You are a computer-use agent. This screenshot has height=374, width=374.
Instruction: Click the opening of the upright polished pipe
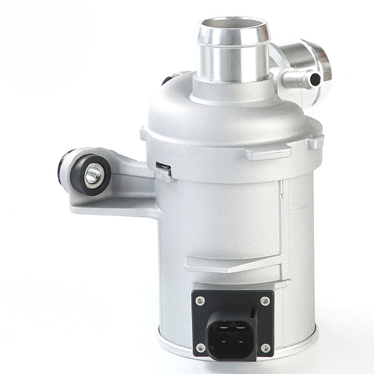pyautogui.click(x=233, y=27)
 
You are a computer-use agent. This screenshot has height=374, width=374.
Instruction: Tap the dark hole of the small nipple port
pyautogui.click(x=315, y=79)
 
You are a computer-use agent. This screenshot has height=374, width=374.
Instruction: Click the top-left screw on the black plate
pyautogui.click(x=200, y=299)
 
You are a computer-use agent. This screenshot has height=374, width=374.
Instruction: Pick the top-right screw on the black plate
pyautogui.click(x=265, y=300)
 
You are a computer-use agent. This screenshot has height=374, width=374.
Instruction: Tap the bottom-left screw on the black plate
pyautogui.click(x=201, y=347)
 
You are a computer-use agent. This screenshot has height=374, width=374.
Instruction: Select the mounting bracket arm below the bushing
pyautogui.click(x=112, y=204)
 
